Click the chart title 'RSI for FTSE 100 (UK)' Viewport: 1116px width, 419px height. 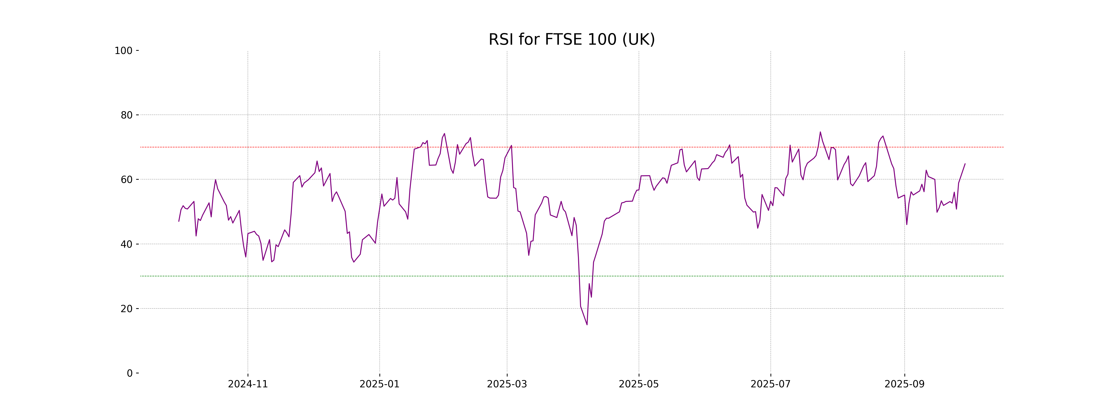pos(571,40)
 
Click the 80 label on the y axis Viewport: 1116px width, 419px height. pos(126,115)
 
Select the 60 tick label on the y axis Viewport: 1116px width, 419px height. pos(126,179)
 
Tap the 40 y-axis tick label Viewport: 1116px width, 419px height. pos(126,244)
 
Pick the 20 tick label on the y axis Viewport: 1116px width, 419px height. pos(126,309)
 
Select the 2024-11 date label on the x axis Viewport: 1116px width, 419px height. pos(248,384)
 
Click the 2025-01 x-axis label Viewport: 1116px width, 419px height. pos(379,384)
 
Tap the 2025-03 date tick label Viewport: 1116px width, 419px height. pos(507,384)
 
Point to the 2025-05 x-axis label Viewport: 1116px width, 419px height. pos(639,384)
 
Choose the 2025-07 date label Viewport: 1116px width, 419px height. pos(770,384)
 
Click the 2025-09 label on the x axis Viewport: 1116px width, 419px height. pos(904,384)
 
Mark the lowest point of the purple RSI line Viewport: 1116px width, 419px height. pos(587,324)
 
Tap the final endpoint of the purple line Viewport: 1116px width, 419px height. pos(965,164)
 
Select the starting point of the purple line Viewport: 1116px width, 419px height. pos(179,221)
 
